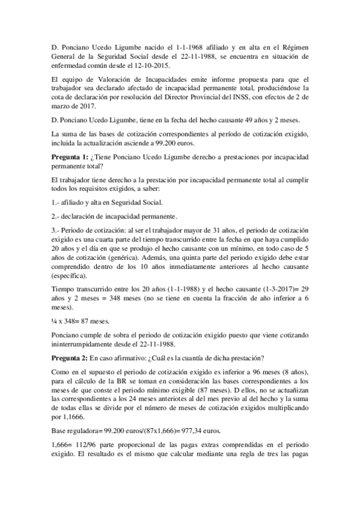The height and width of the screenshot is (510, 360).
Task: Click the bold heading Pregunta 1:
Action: pyautogui.click(x=73, y=157)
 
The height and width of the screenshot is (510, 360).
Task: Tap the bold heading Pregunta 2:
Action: pyautogui.click(x=73, y=359)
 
